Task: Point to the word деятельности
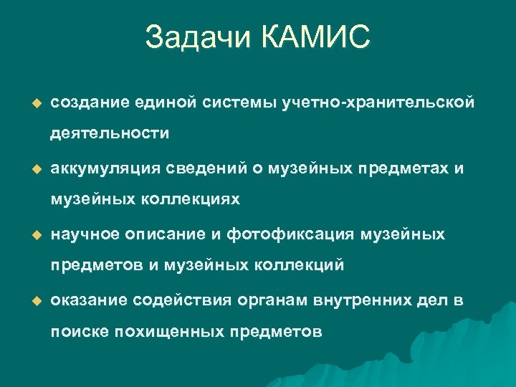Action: click(110, 133)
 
